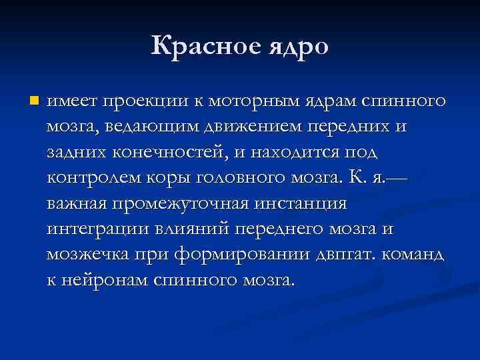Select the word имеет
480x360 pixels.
70,101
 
